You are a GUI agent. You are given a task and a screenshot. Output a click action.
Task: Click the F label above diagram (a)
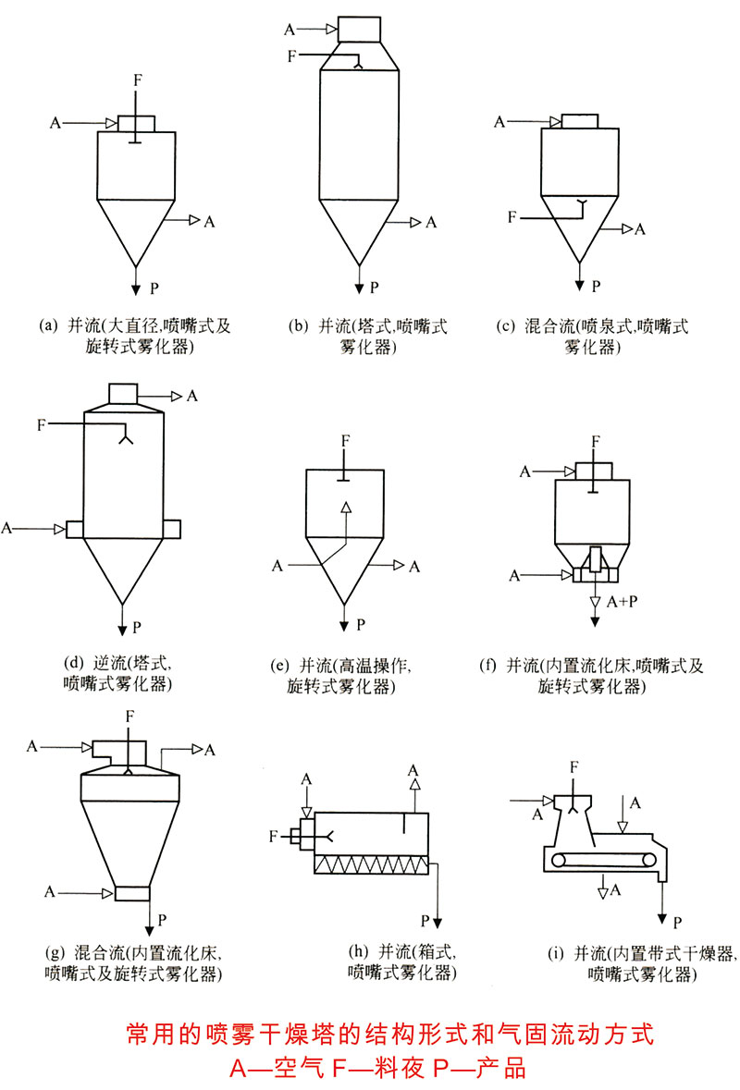coord(137,80)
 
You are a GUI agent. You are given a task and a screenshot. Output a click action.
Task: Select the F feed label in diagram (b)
coord(292,56)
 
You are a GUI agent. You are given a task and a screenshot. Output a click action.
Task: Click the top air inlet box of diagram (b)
coord(360,30)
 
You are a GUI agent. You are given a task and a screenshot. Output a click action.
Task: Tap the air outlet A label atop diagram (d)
coord(192,396)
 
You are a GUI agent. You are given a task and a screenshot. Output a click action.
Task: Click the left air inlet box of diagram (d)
coord(74,529)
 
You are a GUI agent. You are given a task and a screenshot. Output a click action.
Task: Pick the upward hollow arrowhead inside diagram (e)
coord(345,508)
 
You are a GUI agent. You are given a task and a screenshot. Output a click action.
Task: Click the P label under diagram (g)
coord(162,920)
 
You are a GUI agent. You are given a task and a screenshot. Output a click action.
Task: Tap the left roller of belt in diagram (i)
coord(557,862)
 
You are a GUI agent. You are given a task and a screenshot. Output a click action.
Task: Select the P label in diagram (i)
coord(677,922)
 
